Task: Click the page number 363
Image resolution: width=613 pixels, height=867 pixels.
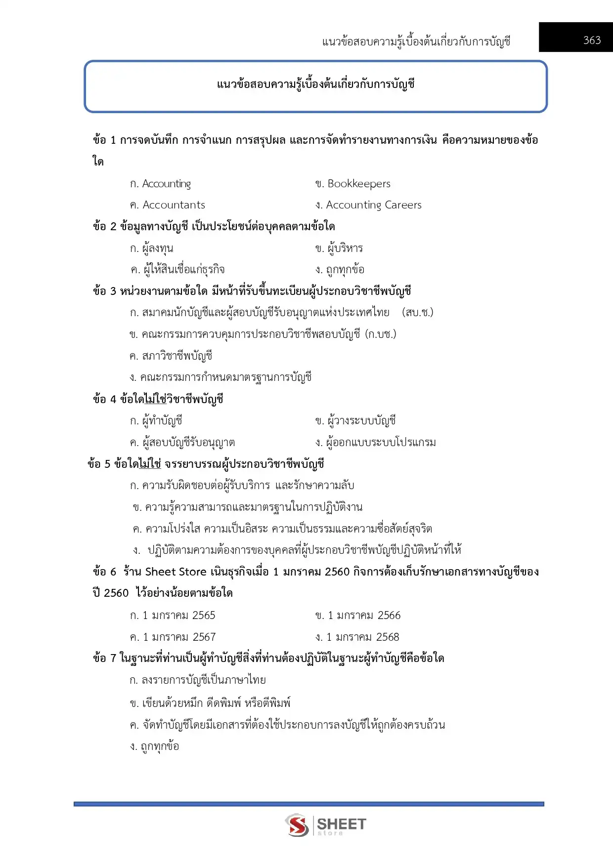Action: (x=592, y=40)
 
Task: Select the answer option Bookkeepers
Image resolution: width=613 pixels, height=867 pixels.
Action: (x=358, y=184)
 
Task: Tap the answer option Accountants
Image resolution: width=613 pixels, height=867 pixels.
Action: (x=173, y=205)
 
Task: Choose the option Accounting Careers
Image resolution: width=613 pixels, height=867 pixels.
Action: (x=373, y=205)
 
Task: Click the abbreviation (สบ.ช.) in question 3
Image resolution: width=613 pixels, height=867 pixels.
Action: (x=418, y=312)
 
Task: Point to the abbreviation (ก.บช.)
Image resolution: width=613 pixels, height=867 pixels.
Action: (x=380, y=334)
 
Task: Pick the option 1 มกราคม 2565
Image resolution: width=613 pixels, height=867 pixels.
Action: (x=178, y=616)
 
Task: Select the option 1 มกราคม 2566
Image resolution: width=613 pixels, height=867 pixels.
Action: (x=364, y=616)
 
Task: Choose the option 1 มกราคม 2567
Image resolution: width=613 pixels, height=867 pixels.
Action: (x=178, y=637)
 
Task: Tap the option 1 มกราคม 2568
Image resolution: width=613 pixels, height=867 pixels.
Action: (x=362, y=637)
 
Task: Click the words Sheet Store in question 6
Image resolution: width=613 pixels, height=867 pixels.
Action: (x=175, y=572)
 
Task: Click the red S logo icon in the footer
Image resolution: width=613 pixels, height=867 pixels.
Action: (x=297, y=825)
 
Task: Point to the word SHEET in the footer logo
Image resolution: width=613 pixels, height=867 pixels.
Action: (x=341, y=824)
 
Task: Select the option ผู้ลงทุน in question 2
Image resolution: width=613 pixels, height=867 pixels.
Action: (x=157, y=248)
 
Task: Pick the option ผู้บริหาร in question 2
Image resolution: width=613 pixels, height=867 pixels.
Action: (x=345, y=248)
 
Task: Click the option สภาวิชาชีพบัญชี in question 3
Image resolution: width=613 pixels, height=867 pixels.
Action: (x=176, y=356)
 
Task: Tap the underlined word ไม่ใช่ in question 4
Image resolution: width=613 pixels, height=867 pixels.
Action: (x=156, y=399)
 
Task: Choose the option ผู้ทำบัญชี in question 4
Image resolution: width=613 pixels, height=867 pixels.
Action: (x=162, y=420)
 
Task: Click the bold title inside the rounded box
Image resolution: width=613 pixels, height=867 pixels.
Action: (x=315, y=84)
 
